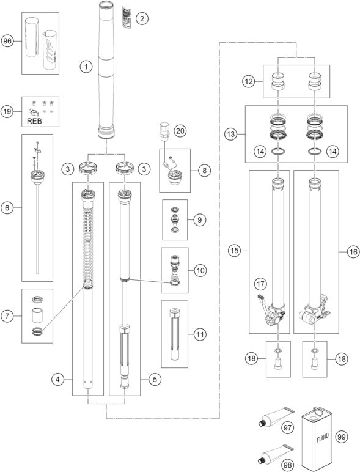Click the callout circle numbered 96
[7, 40]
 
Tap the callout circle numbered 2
[142, 19]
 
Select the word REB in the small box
[34, 121]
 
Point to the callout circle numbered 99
[341, 437]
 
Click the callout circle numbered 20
[180, 131]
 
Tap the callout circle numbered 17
[260, 284]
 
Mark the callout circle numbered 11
[200, 334]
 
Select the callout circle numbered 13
[231, 134]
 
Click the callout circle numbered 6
[7, 208]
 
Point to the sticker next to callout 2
[127, 17]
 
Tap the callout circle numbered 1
[86, 66]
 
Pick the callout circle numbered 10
[200, 270]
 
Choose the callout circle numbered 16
[353, 251]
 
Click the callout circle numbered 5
[155, 379]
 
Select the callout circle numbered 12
[249, 81]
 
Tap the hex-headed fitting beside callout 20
[164, 131]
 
